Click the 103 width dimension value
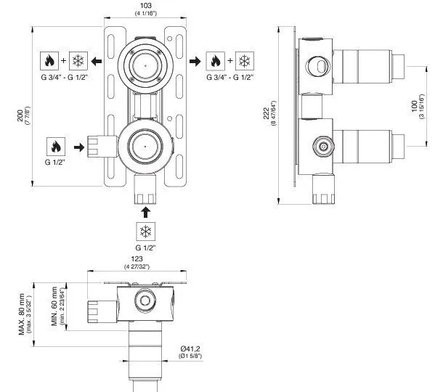point(146,5)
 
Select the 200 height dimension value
point(20,115)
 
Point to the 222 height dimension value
point(267,113)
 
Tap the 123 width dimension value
point(137,258)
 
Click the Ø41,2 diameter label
point(190,348)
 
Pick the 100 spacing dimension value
point(415,106)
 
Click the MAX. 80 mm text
point(22,314)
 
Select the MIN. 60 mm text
point(54,306)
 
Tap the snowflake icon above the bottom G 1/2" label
point(146,232)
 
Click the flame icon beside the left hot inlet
point(56,147)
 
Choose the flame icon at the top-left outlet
point(49,61)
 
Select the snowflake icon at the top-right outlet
point(245,61)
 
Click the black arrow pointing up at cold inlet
point(146,212)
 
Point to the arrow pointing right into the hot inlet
point(79,147)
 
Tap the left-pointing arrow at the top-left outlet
point(97,61)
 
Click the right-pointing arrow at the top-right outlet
point(195,61)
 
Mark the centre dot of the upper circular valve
point(145,65)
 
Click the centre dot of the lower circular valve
point(145,147)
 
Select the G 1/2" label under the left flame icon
point(55,163)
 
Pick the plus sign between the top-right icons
point(230,60)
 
